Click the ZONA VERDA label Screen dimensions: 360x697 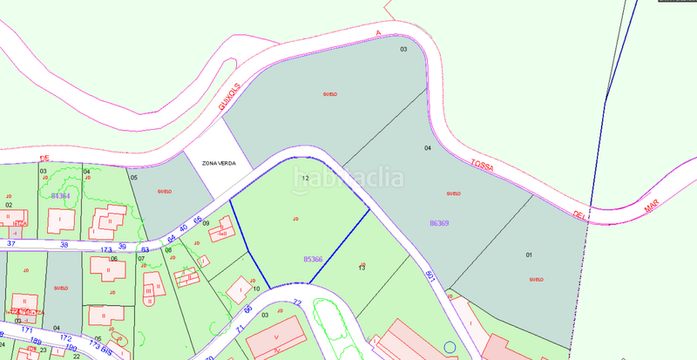(220, 163)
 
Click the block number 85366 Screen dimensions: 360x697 (313, 259)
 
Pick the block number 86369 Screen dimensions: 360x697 (439, 223)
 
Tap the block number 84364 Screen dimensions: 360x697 (60, 196)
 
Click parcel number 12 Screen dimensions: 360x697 (305, 178)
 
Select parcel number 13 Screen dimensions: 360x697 (362, 268)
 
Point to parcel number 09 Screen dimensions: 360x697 (206, 224)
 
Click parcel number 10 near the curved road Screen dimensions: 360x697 (256, 288)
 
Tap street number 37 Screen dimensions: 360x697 (11, 244)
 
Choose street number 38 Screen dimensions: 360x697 (64, 245)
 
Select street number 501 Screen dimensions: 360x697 (431, 276)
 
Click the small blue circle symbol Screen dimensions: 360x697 (450, 348)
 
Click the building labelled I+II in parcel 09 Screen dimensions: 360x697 (225, 234)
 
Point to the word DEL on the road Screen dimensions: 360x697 (579, 213)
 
